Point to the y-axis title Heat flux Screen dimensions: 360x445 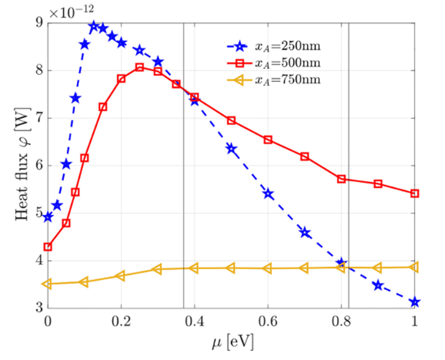pyautogui.click(x=24, y=165)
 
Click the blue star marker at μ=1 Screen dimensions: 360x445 pyautogui.click(x=415, y=302)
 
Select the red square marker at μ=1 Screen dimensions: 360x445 pyautogui.click(x=415, y=194)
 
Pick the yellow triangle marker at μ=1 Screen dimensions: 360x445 pyautogui.click(x=415, y=267)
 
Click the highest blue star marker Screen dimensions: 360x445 pyautogui.click(x=94, y=26)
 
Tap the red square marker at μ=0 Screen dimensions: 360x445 pyautogui.click(x=48, y=247)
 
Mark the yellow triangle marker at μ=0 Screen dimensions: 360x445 pyautogui.click(x=48, y=284)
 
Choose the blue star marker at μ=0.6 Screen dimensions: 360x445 pyautogui.click(x=268, y=194)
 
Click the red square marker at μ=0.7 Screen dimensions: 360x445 pyautogui.click(x=305, y=157)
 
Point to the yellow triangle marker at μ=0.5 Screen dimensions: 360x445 pyautogui.click(x=231, y=268)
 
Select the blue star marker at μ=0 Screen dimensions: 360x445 pyautogui.click(x=48, y=217)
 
